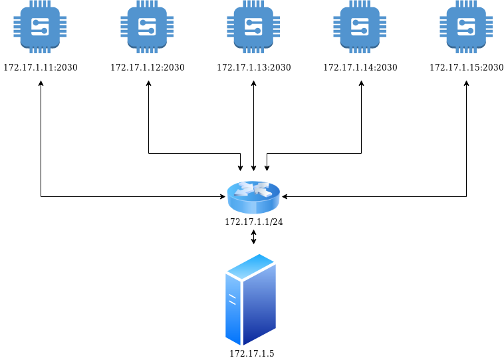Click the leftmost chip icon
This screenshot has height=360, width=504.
[40, 27]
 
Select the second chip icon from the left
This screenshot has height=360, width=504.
[147, 27]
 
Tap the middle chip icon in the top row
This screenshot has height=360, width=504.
[253, 27]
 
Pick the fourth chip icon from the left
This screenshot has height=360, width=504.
[360, 27]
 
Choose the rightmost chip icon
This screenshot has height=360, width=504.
[466, 27]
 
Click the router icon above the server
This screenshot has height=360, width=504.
[253, 197]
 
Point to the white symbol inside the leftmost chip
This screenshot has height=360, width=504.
[40, 27]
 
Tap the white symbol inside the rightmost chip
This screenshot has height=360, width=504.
[466, 27]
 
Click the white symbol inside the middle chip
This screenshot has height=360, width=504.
[253, 27]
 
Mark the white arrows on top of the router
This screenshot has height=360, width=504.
[253, 189]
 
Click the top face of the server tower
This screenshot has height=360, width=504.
[251, 266]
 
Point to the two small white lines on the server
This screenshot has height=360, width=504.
[232, 299]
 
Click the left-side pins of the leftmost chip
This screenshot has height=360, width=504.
[17, 27]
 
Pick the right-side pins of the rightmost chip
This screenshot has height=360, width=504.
[489, 27]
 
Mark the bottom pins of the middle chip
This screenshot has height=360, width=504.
[253, 50]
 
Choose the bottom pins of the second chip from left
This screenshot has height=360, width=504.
[147, 50]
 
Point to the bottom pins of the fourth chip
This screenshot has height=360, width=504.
[360, 50]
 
